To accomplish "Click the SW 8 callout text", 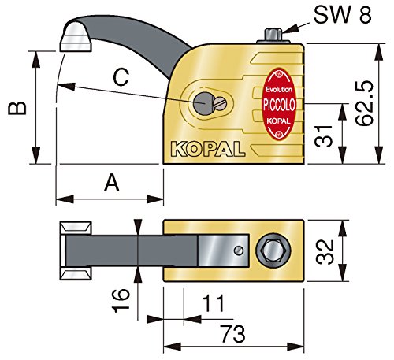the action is tap(343, 15).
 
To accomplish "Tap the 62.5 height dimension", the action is tap(364, 103).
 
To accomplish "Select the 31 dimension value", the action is tap(324, 136).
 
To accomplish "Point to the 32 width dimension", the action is tap(325, 252).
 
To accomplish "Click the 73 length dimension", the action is tap(232, 334).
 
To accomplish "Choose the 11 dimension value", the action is tap(214, 303).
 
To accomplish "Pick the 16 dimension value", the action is tap(121, 301).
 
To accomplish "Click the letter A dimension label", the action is tap(112, 183).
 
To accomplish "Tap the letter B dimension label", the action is tap(17, 108).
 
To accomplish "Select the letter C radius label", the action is tap(121, 77).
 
